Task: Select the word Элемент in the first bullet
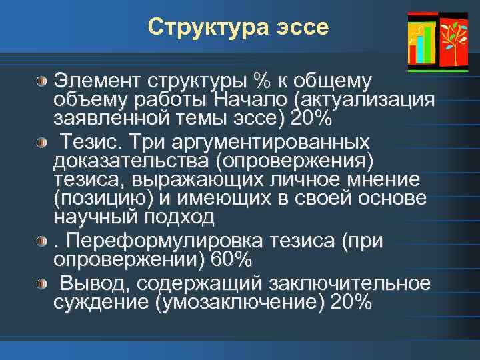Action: point(93,81)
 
